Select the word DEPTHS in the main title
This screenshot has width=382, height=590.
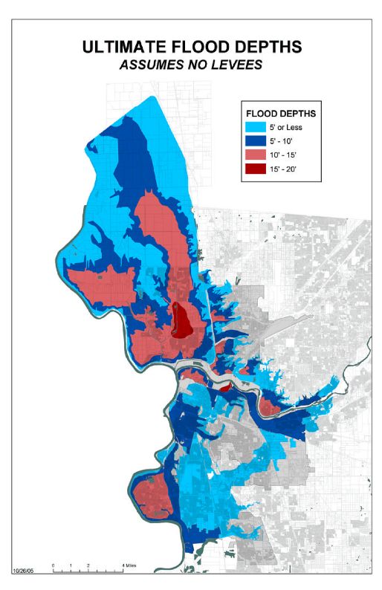point(265,47)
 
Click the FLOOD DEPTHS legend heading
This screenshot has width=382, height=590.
point(280,114)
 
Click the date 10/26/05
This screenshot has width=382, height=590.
point(25,571)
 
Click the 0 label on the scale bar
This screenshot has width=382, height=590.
point(54,565)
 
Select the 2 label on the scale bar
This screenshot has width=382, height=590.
point(88,565)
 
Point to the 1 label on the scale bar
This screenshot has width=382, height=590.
point(71,565)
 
